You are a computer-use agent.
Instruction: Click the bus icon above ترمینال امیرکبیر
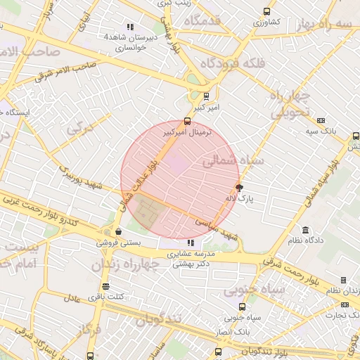pos(186,121)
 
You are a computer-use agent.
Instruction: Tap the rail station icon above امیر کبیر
pos(206,96)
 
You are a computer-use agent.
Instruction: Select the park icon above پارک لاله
pos(239,188)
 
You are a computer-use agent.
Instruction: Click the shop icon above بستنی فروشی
pos(117,231)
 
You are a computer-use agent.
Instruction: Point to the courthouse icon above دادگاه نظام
pos(305,230)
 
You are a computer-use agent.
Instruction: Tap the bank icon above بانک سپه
pos(321,120)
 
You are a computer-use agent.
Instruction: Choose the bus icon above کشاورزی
pos(266,11)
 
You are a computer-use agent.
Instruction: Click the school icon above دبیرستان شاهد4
pos(129,26)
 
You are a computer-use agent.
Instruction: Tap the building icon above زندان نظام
pos(343,280)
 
